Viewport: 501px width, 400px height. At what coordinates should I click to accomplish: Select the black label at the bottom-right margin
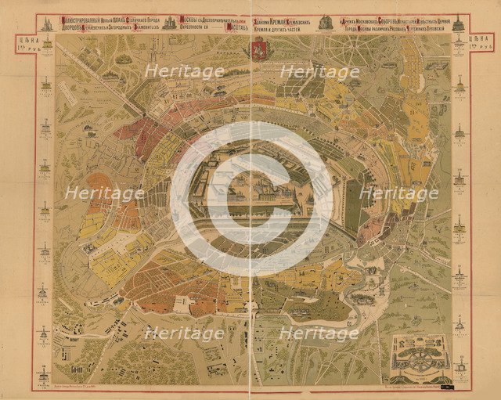tap(446, 386)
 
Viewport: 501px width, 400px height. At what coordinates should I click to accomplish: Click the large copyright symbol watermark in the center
tap(250, 200)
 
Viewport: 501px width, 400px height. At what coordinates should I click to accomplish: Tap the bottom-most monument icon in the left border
tap(44, 368)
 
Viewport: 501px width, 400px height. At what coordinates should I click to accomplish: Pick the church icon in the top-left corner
tap(44, 23)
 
